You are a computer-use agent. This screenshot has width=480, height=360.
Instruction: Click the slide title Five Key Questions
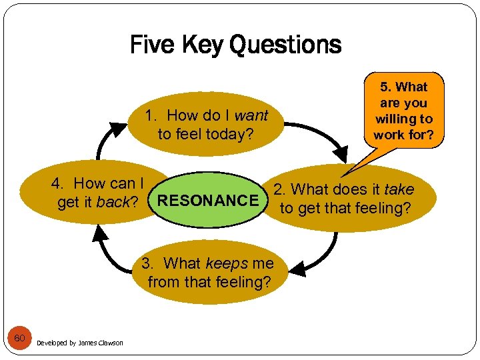[235, 45]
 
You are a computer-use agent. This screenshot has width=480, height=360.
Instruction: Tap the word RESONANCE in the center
[209, 200]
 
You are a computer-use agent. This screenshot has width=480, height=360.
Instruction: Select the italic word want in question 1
[251, 115]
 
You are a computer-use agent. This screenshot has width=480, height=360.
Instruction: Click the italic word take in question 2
[399, 190]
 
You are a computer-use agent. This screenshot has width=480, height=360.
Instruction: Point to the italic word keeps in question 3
[227, 264]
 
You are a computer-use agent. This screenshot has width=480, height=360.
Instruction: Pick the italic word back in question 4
[113, 202]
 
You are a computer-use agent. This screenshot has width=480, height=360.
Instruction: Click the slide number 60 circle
[20, 339]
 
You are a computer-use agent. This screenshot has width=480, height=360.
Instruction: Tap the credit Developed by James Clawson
[80, 343]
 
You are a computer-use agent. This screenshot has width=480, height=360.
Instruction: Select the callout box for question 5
[403, 111]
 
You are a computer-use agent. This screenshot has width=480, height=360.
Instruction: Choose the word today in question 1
[229, 134]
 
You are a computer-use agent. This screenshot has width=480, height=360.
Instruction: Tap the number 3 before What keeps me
[146, 264]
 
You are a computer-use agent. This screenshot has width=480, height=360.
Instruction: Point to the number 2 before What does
[278, 190]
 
